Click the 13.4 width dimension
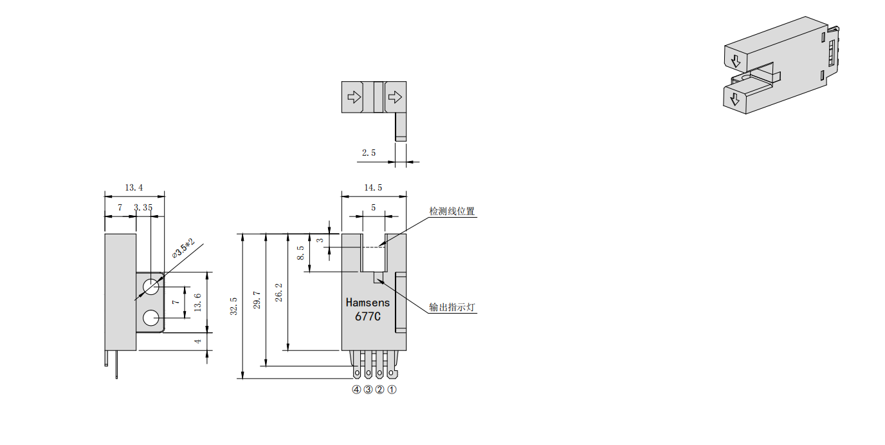pyautogui.click(x=134, y=187)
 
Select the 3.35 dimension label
pyautogui.click(x=143, y=207)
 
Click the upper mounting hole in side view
pyautogui.click(x=152, y=286)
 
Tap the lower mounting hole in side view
pyautogui.click(x=152, y=317)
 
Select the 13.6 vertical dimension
pyautogui.click(x=197, y=301)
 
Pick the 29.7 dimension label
pyautogui.click(x=257, y=300)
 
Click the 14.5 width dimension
pyautogui.click(x=373, y=187)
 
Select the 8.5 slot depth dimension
pyautogui.click(x=300, y=252)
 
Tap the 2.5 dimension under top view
pyautogui.click(x=369, y=153)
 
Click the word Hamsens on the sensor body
pyautogui.click(x=367, y=302)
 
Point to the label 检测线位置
pyautogui.click(x=452, y=211)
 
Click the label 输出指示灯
pyautogui.click(x=452, y=307)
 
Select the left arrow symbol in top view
pyautogui.click(x=354, y=97)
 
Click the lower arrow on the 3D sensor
pyautogui.click(x=734, y=100)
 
